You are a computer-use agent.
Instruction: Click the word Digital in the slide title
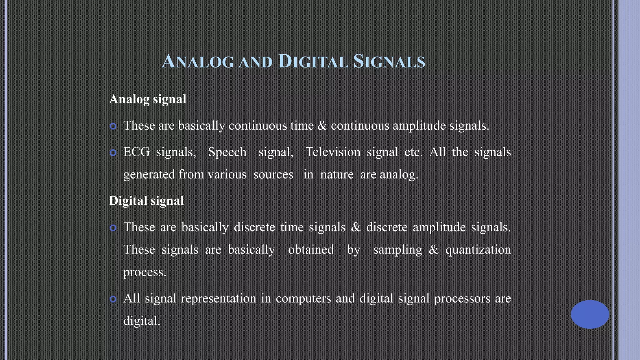312,61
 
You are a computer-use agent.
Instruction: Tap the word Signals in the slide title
389,61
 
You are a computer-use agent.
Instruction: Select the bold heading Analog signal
147,99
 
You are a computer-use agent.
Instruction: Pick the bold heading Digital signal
146,201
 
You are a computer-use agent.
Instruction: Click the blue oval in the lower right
590,314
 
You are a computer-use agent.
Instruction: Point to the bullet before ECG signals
113,153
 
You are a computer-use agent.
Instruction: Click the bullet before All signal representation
113,299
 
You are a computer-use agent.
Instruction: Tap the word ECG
136,152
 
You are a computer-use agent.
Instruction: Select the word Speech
227,152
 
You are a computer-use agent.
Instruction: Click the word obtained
311,250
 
